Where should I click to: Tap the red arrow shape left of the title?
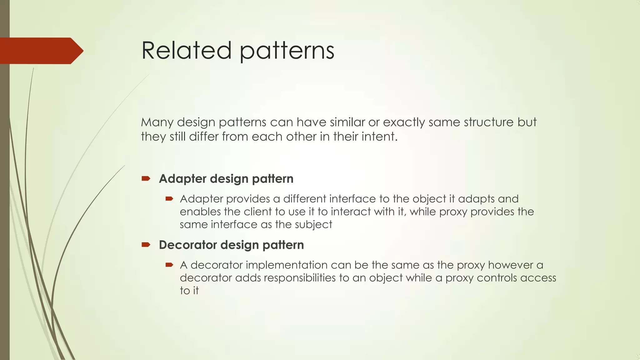tap(41, 51)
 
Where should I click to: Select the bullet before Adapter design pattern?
tap(146, 178)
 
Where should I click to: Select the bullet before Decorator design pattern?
tap(146, 244)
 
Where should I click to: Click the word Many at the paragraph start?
tap(157, 122)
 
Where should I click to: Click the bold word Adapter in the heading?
tap(183, 179)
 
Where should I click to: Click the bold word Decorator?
tap(187, 245)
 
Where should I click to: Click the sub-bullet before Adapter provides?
tap(169, 199)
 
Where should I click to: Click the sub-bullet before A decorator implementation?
tap(169, 265)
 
